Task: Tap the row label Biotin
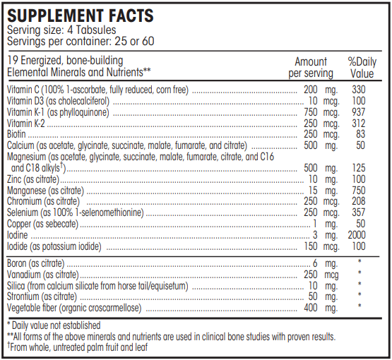(18, 133)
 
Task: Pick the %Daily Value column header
(362, 67)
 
